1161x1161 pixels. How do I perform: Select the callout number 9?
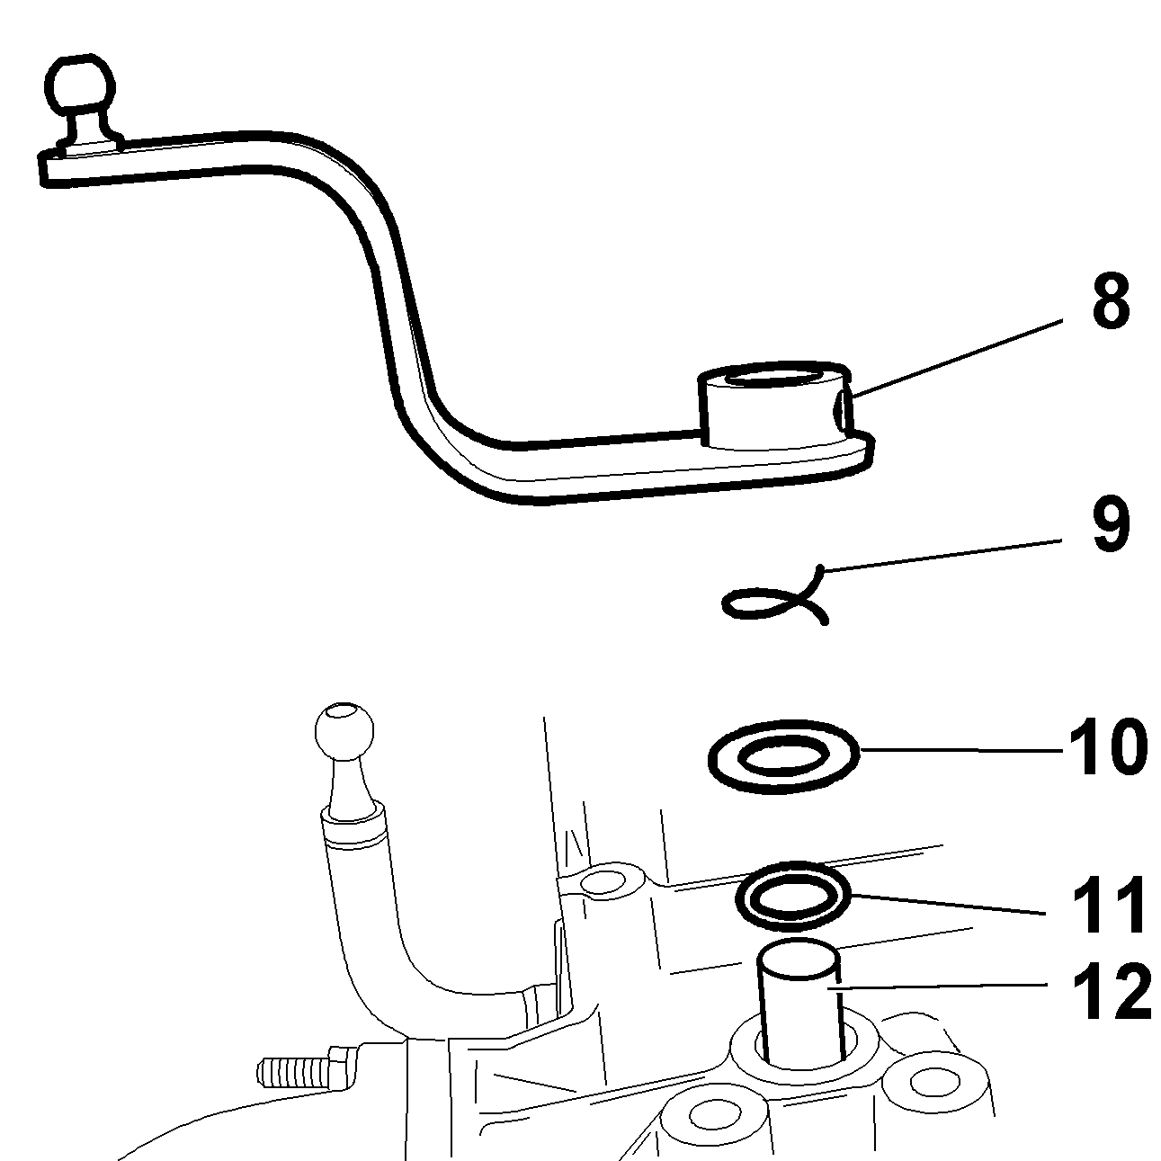(x=1111, y=527)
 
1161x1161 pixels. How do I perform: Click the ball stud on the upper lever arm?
(x=78, y=88)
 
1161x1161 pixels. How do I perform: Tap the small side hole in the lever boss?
(x=839, y=413)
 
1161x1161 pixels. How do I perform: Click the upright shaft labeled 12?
(x=799, y=998)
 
